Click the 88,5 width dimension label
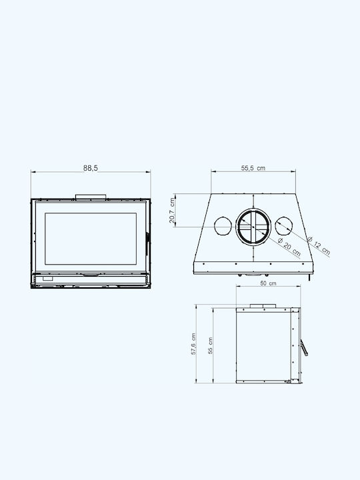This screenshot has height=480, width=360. click(91, 168)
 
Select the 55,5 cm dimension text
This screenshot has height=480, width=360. click(253, 168)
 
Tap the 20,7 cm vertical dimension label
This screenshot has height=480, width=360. click(172, 211)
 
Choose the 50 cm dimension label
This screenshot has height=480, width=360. click(268, 283)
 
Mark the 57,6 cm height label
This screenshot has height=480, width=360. click(193, 344)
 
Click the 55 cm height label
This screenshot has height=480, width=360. click(210, 345)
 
